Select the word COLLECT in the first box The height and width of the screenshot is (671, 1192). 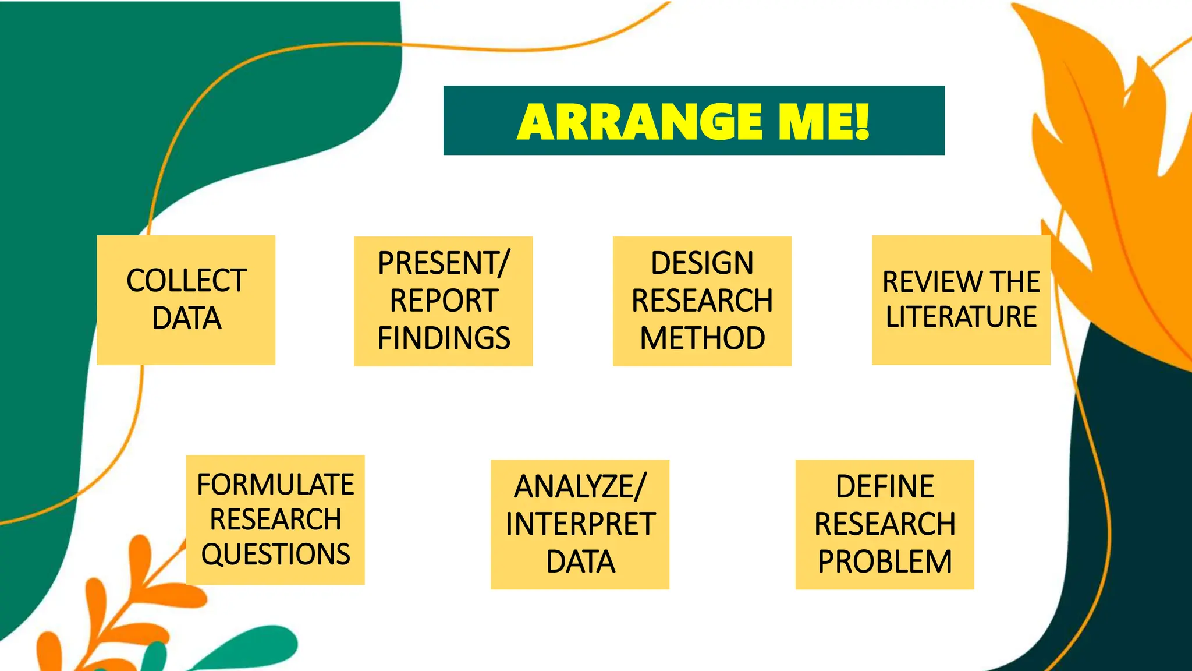[x=186, y=281]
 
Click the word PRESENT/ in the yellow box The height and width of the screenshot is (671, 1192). [x=444, y=263]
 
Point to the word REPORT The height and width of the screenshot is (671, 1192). [x=444, y=301]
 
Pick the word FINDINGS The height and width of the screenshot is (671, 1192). [x=444, y=338]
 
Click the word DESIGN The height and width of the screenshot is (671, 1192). [x=702, y=263]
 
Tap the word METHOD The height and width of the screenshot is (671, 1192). [x=702, y=338]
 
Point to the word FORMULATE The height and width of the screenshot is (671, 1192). [x=275, y=485]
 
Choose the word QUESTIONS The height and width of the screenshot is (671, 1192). [x=275, y=554]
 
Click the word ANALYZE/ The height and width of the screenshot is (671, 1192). [x=580, y=487]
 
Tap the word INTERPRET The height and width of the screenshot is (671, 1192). [x=580, y=524]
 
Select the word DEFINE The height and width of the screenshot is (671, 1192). [x=885, y=487]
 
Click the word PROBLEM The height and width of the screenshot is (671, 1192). [x=885, y=562]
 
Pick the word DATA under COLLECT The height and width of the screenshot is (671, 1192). [x=186, y=319]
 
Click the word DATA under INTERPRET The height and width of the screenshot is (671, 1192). [x=580, y=562]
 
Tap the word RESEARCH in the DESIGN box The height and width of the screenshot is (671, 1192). [x=702, y=301]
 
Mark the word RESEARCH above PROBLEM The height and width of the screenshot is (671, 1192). [x=885, y=524]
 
